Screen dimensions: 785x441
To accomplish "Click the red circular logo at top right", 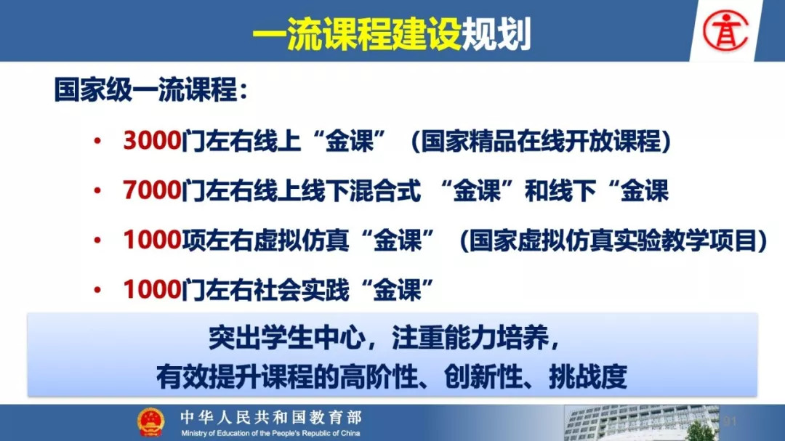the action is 725,31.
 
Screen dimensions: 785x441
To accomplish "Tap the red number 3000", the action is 152,140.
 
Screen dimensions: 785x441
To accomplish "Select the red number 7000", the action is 152,190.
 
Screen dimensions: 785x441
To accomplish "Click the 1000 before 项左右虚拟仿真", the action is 152,240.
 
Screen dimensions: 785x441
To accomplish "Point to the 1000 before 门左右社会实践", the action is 152,289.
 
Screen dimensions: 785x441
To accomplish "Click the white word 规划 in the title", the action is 496,34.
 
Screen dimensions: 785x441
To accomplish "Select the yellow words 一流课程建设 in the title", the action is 357,34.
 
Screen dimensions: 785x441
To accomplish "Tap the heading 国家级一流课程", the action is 145,90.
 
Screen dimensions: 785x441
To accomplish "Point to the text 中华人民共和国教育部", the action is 271,417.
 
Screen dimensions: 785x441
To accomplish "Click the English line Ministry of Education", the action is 270,433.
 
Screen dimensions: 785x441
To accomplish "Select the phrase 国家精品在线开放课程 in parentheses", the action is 541,141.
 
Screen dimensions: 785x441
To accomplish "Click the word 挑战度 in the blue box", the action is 588,376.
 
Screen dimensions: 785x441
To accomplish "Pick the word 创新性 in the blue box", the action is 483,376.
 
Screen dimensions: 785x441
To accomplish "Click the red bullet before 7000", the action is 97,191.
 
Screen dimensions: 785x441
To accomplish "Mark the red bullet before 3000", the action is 97,141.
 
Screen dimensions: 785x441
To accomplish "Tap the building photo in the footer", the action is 641,423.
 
